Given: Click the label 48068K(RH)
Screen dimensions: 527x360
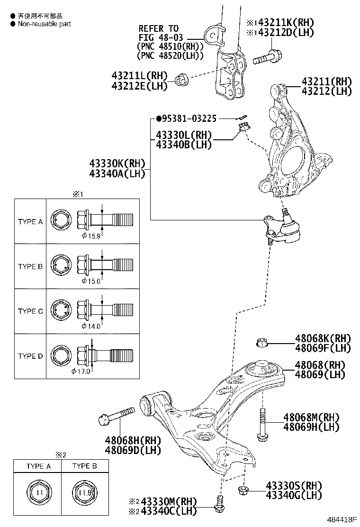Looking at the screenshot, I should coord(323,338).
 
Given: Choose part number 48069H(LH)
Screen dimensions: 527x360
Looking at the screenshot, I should coord(312,427).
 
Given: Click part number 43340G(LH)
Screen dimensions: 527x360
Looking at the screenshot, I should coord(294,495).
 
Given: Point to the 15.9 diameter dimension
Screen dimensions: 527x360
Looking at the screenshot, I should coord(90,236).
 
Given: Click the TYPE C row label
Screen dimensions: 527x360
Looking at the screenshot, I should coord(30,311).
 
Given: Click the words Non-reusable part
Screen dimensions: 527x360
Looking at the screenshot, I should coord(44,24).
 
